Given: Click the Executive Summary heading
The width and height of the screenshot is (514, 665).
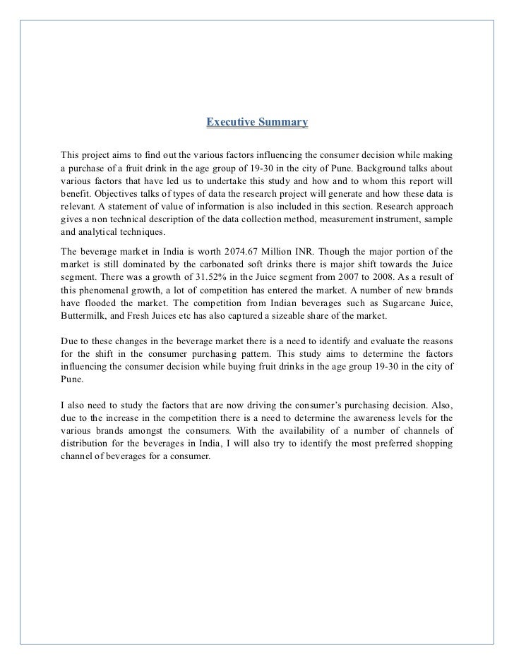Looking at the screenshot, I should tap(257, 123).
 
